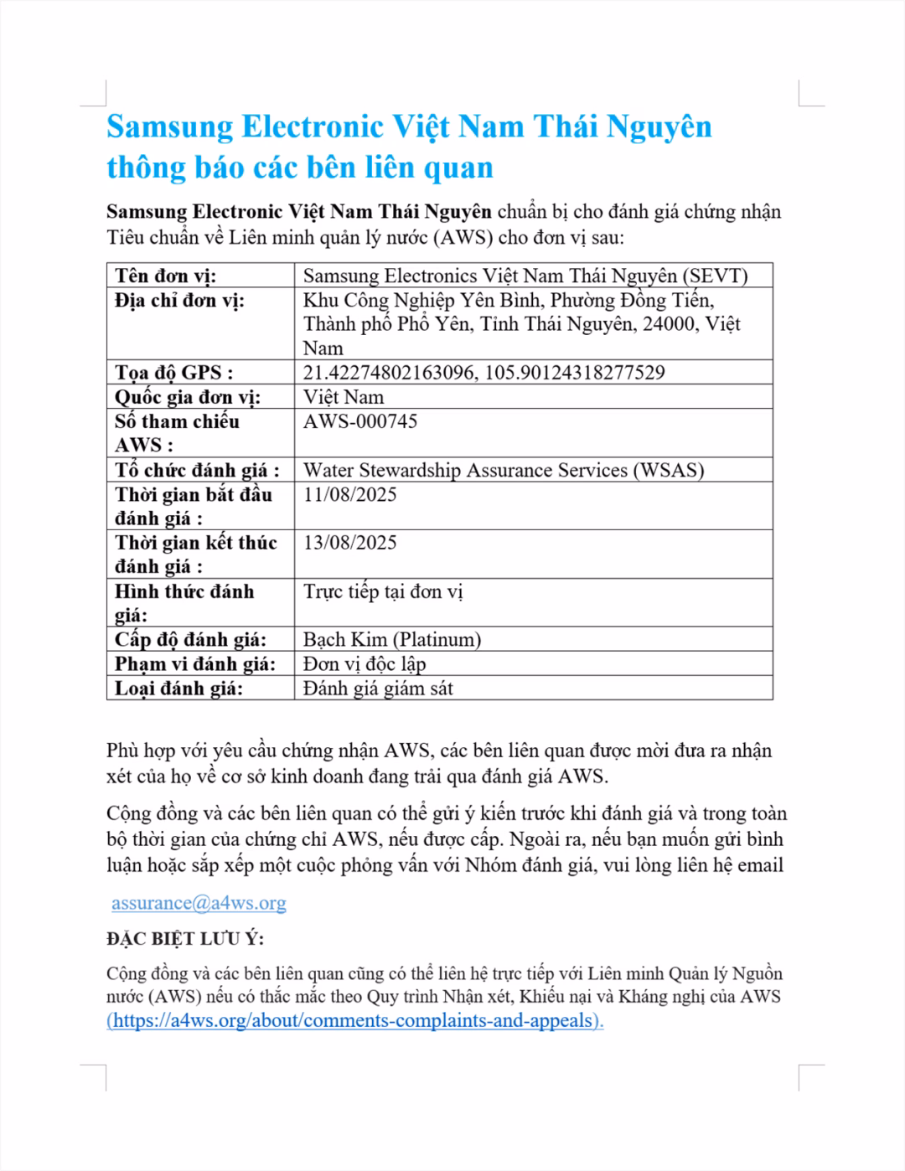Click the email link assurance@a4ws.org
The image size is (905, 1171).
199,903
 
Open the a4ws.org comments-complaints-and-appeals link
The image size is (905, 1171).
355,1020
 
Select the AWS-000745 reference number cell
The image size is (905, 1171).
360,421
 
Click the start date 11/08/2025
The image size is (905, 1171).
350,494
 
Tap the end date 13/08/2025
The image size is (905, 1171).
350,543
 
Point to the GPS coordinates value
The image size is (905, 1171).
484,373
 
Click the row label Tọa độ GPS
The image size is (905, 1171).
174,373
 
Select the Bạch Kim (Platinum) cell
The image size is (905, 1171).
392,640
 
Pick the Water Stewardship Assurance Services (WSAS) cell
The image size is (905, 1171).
503,470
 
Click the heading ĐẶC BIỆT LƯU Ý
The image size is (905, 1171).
185,939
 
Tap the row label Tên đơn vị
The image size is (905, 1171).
166,276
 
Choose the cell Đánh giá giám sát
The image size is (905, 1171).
378,689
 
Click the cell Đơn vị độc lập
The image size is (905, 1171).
365,664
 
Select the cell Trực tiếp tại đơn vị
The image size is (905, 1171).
383,591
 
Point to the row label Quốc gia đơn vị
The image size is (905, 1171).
188,397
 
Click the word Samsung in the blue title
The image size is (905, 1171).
170,126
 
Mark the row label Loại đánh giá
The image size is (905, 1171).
178,689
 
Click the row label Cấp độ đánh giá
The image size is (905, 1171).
190,640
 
